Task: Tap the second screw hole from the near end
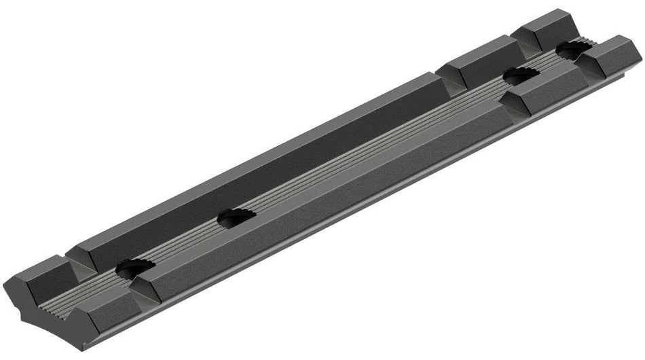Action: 236,217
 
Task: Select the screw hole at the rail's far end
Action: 574,48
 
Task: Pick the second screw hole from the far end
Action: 521,76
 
